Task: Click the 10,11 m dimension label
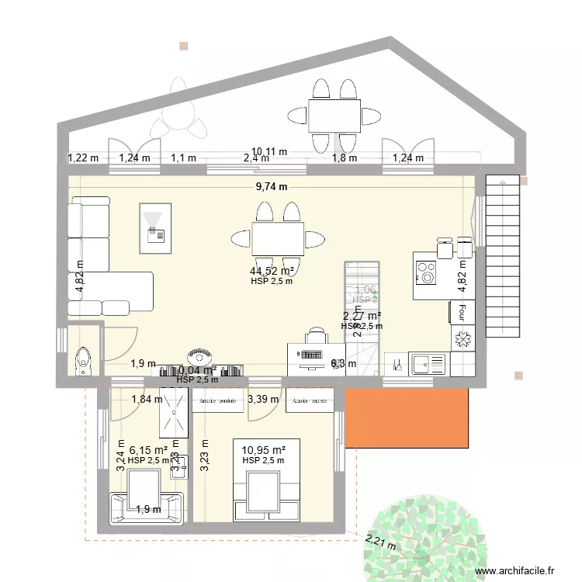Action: point(268,151)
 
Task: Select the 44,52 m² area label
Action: point(272,271)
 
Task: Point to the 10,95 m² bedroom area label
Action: point(263,449)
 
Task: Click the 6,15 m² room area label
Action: point(148,449)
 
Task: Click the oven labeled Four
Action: point(458,312)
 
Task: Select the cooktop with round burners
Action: point(427,272)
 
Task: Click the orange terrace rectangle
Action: point(408,417)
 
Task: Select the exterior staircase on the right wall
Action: point(501,256)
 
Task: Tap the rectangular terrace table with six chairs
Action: point(334,116)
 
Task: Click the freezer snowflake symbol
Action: point(462,340)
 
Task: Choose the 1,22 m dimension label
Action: point(83,158)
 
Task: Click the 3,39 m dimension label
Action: point(262,400)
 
